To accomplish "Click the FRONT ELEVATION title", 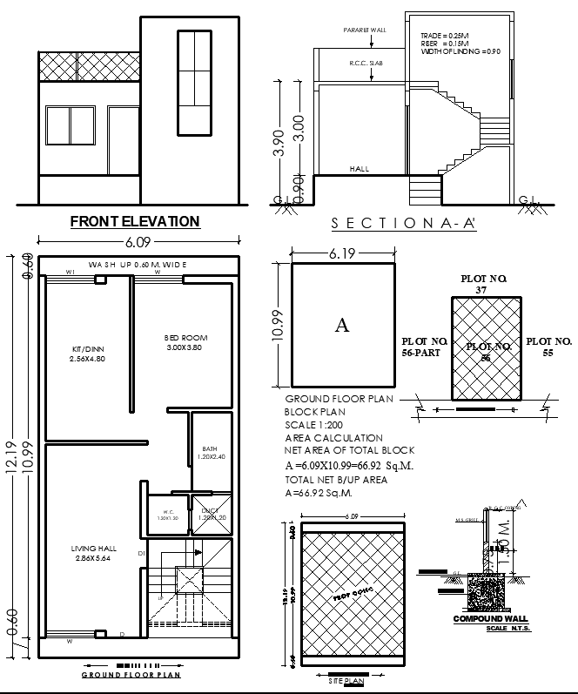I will (x=135, y=222).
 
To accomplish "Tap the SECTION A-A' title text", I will (x=404, y=223).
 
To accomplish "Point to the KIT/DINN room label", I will (x=88, y=354).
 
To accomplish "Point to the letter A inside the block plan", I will (x=342, y=326).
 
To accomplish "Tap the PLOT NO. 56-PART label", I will (x=424, y=347).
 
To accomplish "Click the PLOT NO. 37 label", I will (x=484, y=284).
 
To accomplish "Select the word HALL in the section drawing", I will (x=359, y=168).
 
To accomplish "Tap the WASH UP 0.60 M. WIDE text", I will (x=138, y=264).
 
